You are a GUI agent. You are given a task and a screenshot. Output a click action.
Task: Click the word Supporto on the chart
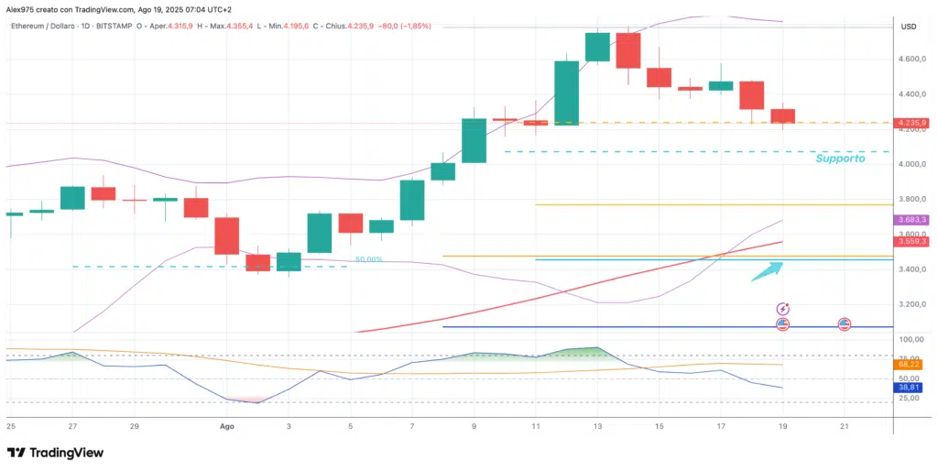click(840, 158)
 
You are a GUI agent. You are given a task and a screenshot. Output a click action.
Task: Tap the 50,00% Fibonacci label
click(367, 260)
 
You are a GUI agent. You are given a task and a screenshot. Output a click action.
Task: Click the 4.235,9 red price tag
click(912, 123)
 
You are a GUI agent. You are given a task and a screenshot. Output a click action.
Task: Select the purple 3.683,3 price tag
click(912, 220)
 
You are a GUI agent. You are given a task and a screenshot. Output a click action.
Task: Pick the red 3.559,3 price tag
click(912, 242)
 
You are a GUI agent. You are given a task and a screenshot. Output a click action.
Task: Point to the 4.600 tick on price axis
click(910, 60)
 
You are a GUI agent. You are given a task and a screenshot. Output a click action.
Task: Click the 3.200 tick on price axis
click(910, 304)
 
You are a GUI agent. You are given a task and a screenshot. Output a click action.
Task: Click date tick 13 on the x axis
click(598, 427)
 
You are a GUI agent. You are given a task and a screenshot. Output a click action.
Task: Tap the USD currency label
click(909, 27)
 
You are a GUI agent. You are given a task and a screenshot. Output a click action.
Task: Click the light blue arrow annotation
click(768, 270)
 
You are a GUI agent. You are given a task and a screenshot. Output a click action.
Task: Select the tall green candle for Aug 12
click(567, 93)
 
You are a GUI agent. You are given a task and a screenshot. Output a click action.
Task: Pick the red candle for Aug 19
click(783, 116)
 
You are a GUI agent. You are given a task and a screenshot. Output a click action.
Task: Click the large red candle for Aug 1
click(226, 235)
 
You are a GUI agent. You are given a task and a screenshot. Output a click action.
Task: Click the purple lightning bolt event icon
click(783, 310)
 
